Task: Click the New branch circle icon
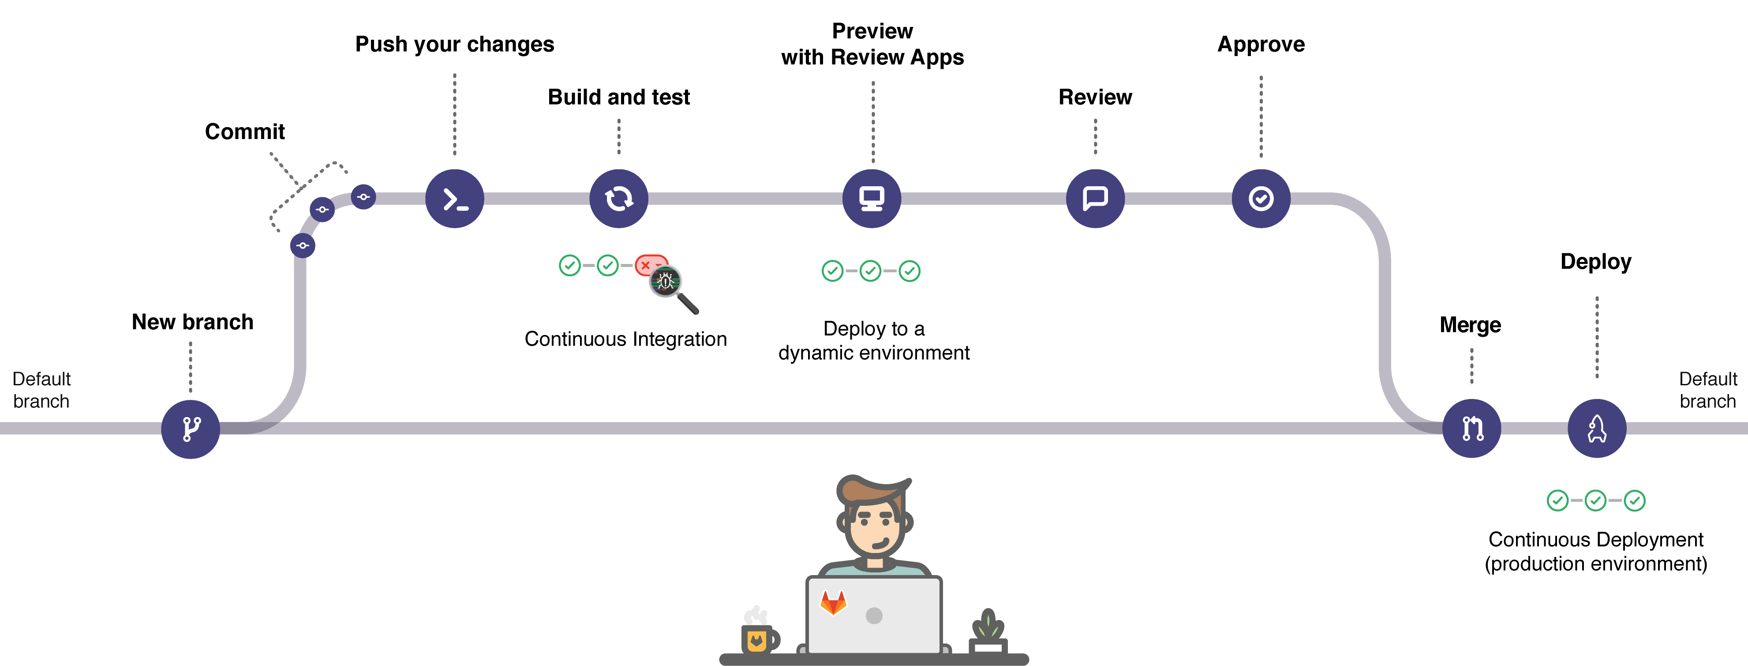(191, 429)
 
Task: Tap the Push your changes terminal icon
(455, 198)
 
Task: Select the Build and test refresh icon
(619, 198)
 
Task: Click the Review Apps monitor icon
(872, 198)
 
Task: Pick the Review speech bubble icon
(1095, 198)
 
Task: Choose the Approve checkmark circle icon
(1261, 198)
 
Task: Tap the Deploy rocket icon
(1597, 429)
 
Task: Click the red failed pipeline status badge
(649, 265)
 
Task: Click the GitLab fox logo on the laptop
(833, 602)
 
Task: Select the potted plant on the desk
(988, 632)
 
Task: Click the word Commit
(245, 132)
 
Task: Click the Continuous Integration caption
(625, 339)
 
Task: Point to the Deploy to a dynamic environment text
(874, 341)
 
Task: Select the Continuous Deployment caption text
(1596, 551)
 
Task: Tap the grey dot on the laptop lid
(874, 616)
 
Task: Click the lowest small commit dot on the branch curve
(303, 245)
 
